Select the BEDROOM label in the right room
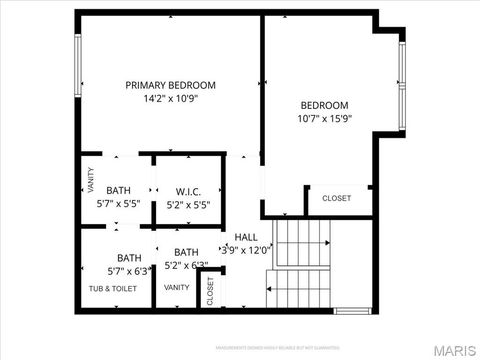(325, 105)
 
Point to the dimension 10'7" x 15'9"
(325, 119)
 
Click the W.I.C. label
(189, 191)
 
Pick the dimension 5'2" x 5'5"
(189, 204)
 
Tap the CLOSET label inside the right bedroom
(336, 198)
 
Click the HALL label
(246, 237)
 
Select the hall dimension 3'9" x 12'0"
(246, 250)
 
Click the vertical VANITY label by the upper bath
(90, 180)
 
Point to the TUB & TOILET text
(112, 288)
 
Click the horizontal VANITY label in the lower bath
(177, 288)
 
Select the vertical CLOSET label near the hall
(210, 290)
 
